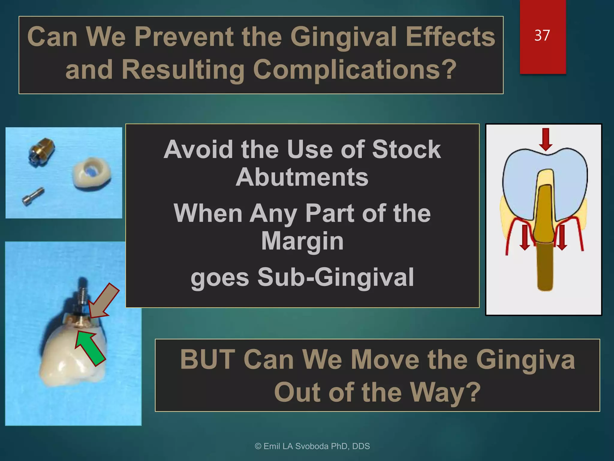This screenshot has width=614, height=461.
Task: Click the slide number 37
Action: point(542,35)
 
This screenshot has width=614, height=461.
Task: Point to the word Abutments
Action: point(302,177)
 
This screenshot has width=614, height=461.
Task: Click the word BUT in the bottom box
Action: point(207,360)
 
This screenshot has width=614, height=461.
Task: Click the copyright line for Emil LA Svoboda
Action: point(312,446)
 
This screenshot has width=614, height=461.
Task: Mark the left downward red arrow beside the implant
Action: point(525,237)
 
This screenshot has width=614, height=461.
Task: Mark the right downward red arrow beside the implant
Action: point(562,237)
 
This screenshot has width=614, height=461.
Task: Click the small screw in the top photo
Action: point(33,196)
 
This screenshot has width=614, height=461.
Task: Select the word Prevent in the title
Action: point(184,37)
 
